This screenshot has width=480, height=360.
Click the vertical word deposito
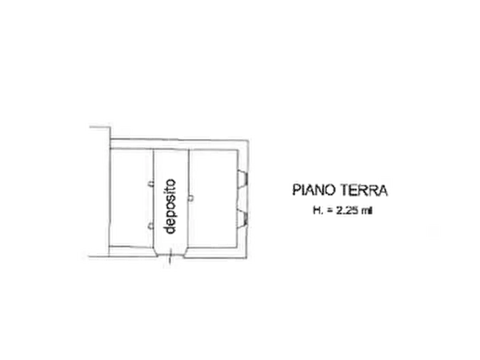click(x=170, y=206)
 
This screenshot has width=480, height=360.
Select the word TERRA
click(x=364, y=190)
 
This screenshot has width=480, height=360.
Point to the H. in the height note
click(x=318, y=211)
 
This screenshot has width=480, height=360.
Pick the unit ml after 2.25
click(x=367, y=211)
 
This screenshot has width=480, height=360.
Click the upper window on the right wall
click(x=242, y=178)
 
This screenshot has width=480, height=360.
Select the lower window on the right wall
click(x=242, y=218)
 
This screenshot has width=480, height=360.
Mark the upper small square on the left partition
click(x=151, y=184)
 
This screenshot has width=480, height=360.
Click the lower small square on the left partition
click(x=151, y=227)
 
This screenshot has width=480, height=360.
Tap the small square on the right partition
click(x=190, y=198)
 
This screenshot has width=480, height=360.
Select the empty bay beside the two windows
click(x=213, y=198)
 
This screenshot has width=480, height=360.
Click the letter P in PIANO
click(x=296, y=190)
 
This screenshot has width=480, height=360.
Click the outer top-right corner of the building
click(x=247, y=140)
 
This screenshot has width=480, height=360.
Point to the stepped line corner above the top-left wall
click(x=109, y=127)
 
